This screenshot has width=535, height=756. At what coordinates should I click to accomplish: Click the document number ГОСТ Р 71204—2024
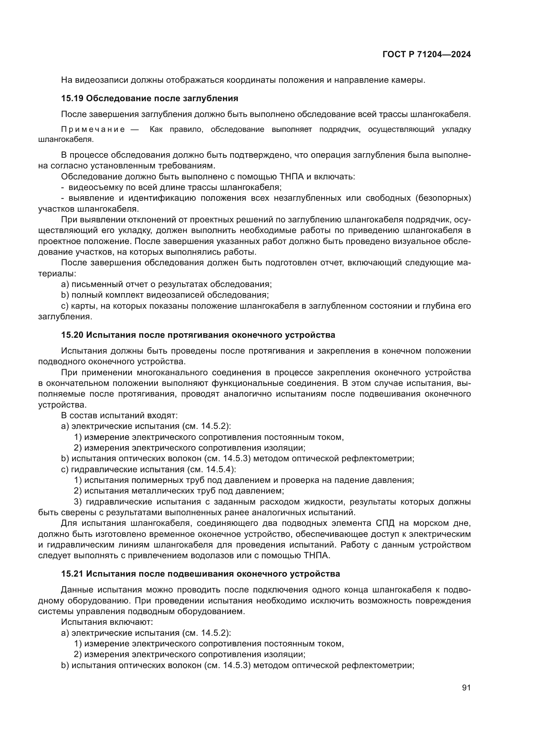pyautogui.click(x=426, y=55)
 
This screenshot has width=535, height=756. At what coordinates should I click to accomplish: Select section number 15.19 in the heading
pyautogui.click(x=72, y=99)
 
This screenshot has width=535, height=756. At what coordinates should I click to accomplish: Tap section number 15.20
pyautogui.click(x=72, y=335)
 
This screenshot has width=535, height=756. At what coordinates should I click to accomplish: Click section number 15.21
pyautogui.click(x=72, y=574)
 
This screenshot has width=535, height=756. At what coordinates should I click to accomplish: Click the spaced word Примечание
pyautogui.click(x=93, y=129)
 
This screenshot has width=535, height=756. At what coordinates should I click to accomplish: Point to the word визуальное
pyautogui.click(x=417, y=241)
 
